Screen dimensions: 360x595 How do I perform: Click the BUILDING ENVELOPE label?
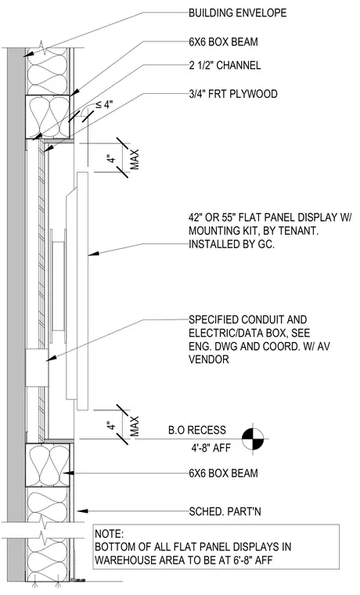tap(238, 13)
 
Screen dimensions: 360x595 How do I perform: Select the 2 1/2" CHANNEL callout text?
tap(225, 65)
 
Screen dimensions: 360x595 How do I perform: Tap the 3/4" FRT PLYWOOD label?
tap(233, 94)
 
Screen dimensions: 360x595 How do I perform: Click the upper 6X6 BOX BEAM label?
tap(224, 41)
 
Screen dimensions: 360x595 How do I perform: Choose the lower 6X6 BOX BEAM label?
tap(224, 473)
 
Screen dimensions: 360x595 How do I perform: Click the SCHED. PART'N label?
tap(225, 511)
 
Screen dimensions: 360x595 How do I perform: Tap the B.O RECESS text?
tap(197, 430)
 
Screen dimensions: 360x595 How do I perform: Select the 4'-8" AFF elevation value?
tap(211, 448)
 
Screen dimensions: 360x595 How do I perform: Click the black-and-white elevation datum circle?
tap(253, 439)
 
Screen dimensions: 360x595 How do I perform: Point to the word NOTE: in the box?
tap(110, 534)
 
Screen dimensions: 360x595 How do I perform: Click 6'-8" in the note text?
tap(237, 560)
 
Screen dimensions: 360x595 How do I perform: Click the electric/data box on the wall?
tap(38, 368)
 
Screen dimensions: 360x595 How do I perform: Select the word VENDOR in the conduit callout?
tap(209, 359)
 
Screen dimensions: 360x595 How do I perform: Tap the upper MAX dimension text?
tap(135, 160)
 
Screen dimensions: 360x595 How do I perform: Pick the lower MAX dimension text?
tap(135, 426)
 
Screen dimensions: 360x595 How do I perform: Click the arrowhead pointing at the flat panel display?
tap(94, 254)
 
